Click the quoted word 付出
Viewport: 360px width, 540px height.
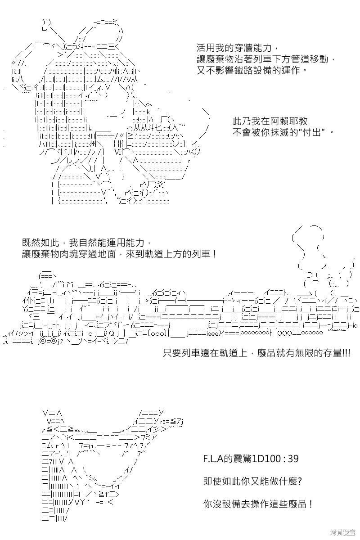point(312,132)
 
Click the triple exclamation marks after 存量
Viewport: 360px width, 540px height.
point(346,353)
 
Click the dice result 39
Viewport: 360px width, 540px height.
point(293,458)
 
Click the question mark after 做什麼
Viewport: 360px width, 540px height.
point(300,481)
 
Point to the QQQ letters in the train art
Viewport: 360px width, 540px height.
point(285,333)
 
